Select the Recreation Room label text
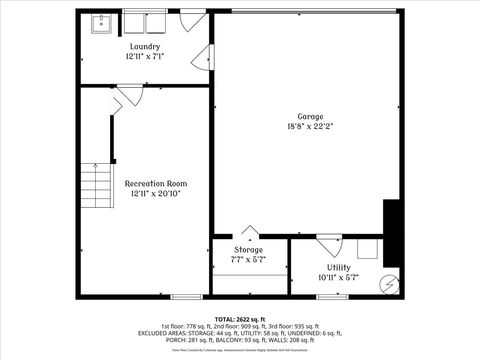pos(155,184)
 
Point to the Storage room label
pos(249,249)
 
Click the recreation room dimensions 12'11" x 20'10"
pos(155,195)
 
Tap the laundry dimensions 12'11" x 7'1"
pos(145,58)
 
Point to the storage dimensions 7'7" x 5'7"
pos(249,259)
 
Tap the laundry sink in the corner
pos(102,23)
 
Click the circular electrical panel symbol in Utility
pos(387,283)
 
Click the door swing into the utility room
pos(327,243)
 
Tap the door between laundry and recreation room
pos(119,95)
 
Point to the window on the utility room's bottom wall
pos(332,296)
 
